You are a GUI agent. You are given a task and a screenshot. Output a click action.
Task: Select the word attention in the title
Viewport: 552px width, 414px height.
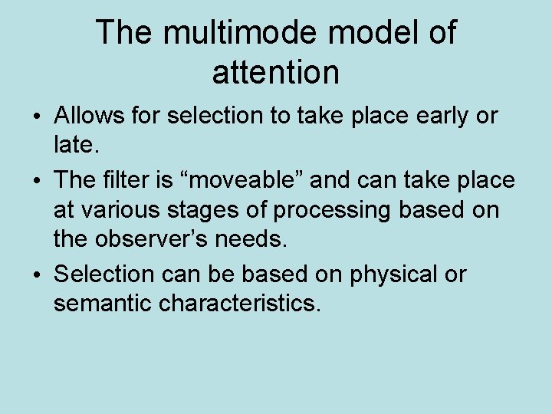[275, 73]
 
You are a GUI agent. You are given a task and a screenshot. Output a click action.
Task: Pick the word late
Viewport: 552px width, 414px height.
[71, 143]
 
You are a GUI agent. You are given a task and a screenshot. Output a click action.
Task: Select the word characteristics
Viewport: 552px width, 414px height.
[240, 303]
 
